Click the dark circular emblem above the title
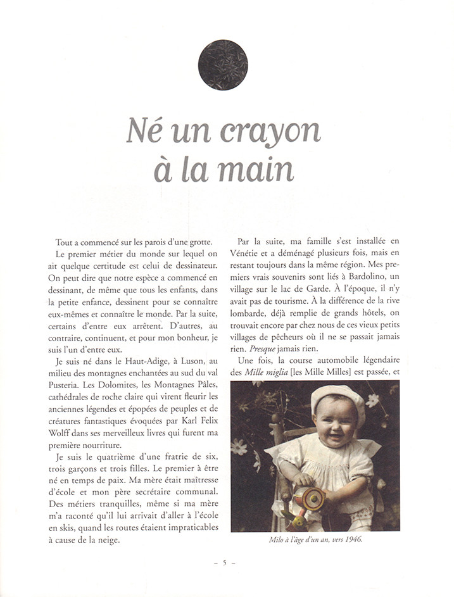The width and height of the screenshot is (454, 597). coord(223,65)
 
